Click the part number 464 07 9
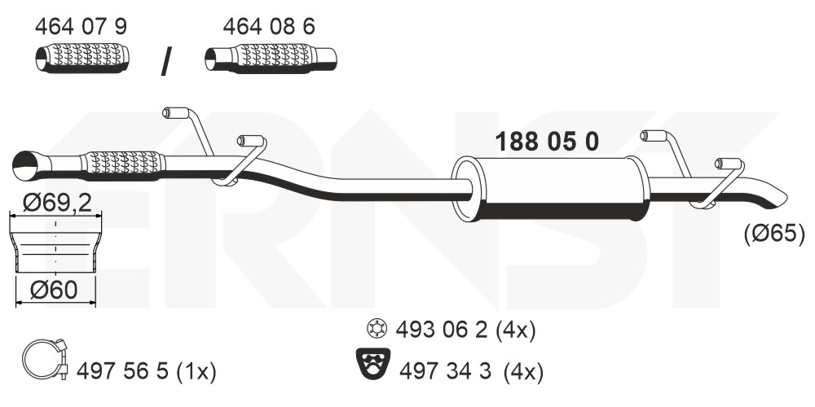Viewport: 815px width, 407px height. tap(81, 27)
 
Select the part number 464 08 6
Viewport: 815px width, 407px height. tap(269, 27)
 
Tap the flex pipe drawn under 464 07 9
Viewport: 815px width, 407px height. tap(82, 58)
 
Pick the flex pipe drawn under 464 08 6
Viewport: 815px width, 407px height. tap(271, 58)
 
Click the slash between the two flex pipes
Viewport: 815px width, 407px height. tap(166, 61)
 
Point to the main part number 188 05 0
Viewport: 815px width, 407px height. tap(547, 142)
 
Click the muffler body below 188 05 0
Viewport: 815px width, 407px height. tap(551, 188)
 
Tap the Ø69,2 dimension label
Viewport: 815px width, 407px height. tap(57, 203)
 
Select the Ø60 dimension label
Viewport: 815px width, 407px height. tap(54, 291)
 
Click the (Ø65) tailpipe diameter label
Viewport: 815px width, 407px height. tap(773, 233)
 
